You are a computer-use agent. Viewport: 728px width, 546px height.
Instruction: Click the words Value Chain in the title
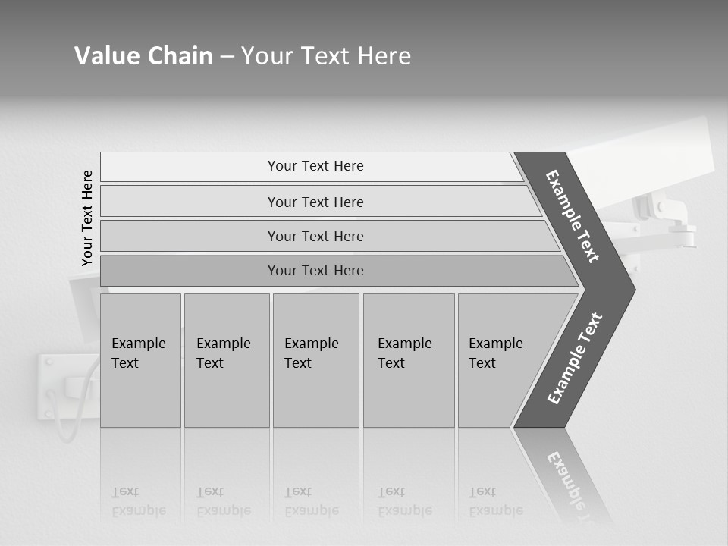tap(143, 56)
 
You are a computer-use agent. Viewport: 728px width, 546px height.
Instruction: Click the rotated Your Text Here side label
tap(87, 218)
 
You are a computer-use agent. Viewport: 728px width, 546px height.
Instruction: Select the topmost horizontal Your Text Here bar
tap(315, 166)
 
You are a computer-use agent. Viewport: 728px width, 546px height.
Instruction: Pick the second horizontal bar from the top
tap(315, 202)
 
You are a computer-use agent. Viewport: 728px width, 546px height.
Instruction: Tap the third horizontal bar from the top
tap(315, 236)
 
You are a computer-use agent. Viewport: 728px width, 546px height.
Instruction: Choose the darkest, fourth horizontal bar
tap(315, 271)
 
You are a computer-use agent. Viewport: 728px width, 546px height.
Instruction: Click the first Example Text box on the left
tap(140, 360)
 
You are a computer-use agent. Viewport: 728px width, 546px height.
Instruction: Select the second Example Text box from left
tap(226, 360)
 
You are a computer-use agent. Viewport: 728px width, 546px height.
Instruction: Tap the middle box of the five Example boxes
tap(315, 360)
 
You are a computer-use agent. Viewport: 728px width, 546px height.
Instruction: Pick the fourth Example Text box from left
tap(408, 360)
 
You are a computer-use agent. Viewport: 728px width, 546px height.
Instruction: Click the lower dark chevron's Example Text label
tap(575, 359)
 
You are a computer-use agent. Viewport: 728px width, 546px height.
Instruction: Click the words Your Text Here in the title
tap(326, 56)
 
